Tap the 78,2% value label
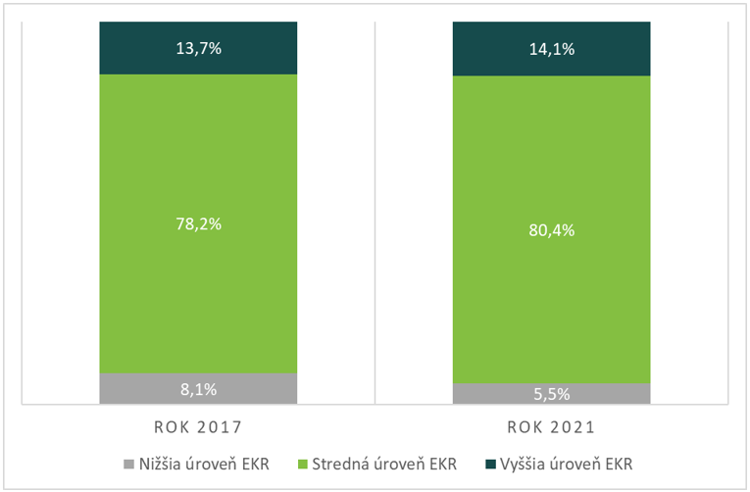[198, 223]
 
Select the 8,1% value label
[198, 389]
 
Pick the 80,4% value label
[551, 231]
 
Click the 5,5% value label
[551, 394]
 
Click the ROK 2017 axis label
[198, 428]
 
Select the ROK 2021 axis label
[551, 428]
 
